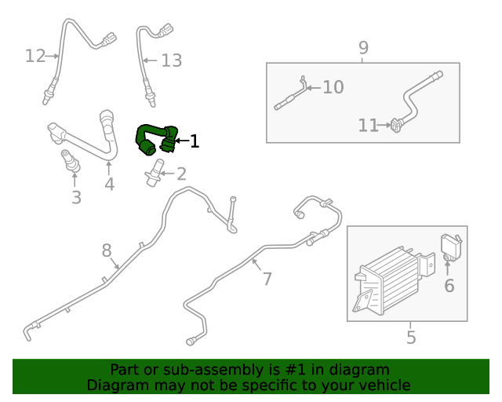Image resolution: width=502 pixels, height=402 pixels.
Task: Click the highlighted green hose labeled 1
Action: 154,135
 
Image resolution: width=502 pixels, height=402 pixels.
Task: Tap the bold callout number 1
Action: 194,142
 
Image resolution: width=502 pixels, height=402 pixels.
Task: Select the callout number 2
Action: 180,174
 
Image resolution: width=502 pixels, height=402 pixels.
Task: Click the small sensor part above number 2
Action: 155,170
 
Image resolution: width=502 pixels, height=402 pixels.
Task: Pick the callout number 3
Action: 76,197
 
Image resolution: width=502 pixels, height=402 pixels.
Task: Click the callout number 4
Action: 109,185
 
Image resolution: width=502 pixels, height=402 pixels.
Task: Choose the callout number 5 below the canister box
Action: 411,338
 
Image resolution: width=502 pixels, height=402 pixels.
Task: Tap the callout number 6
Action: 449,286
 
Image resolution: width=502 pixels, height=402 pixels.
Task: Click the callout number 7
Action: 267,279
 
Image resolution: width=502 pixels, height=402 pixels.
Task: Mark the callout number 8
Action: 107,250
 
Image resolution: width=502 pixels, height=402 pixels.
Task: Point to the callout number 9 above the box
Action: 363,48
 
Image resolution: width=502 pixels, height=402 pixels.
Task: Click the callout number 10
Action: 333,87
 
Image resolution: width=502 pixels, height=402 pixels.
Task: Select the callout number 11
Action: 368,125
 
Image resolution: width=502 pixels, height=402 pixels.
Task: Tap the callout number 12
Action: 35,56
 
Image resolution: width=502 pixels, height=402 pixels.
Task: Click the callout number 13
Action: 171,60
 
